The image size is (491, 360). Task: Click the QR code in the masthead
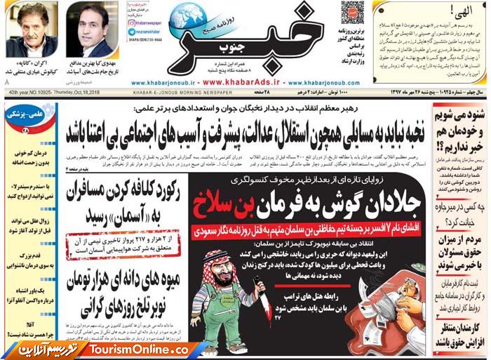(352, 13)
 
